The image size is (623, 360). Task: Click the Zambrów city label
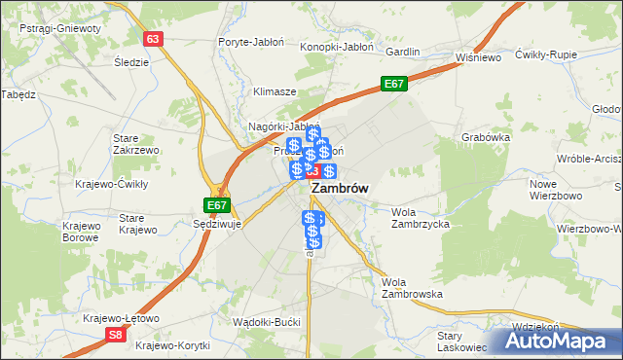pos(339,190)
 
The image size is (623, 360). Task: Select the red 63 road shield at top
pos(153,38)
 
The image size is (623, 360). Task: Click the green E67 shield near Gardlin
pos(393,85)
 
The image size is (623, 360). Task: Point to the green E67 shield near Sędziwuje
pos(217,205)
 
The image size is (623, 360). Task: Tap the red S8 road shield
pos(116,335)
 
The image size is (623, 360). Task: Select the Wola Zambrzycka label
pos(420,217)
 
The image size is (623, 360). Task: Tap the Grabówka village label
pos(487,137)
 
